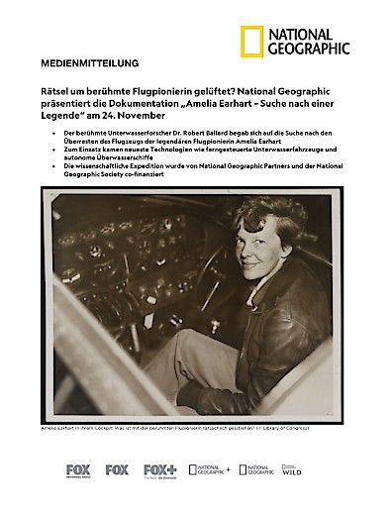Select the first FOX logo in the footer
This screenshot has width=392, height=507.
78,470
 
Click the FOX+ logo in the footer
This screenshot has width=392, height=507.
157,470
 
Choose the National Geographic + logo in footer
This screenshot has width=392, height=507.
212,470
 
